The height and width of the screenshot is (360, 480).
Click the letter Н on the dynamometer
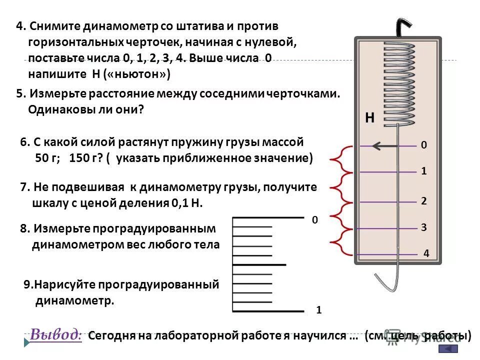click(x=369, y=118)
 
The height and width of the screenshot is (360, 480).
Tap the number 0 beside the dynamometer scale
click(x=423, y=145)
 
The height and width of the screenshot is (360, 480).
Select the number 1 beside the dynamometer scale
click(x=423, y=171)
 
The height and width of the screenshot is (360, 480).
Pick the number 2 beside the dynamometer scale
click(x=423, y=201)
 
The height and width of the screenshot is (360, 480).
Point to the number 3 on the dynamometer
click(x=423, y=227)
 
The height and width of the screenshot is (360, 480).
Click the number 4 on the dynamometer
click(x=426, y=253)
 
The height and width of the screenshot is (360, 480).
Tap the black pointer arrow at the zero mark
click(x=384, y=146)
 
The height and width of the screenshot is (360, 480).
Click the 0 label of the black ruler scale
click(x=314, y=219)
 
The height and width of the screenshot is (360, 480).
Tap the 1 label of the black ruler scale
click(x=318, y=310)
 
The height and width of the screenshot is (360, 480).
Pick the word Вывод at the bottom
click(x=55, y=334)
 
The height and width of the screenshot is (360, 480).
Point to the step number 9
click(x=28, y=285)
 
